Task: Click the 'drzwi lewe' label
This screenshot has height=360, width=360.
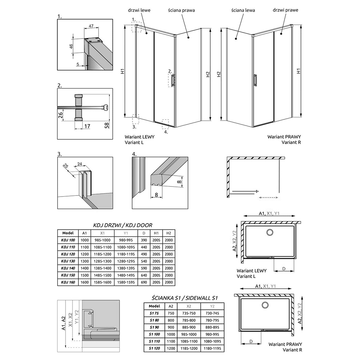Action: click(x=139, y=10)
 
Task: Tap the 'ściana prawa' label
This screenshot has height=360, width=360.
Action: click(x=181, y=10)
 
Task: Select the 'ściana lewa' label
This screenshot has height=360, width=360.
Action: click(x=243, y=10)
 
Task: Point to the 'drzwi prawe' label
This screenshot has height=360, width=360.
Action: click(x=285, y=10)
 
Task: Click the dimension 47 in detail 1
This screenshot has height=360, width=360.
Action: click(x=91, y=26)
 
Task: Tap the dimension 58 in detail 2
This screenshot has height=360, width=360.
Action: click(x=107, y=126)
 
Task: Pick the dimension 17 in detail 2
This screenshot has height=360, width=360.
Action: click(x=87, y=126)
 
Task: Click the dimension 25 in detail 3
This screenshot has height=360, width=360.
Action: click(x=66, y=166)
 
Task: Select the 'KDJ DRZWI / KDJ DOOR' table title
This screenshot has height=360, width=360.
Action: click(x=123, y=225)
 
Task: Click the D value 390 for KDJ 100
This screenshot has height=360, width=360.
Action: click(x=144, y=240)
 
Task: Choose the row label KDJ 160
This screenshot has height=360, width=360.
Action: click(x=68, y=282)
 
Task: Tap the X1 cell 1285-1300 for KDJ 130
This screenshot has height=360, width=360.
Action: click(x=102, y=261)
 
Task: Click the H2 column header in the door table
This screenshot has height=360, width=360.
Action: click(x=169, y=233)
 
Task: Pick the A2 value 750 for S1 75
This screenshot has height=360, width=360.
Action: click(x=171, y=313)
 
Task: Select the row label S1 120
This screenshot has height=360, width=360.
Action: click(x=154, y=348)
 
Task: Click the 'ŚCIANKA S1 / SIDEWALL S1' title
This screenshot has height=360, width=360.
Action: click(x=185, y=298)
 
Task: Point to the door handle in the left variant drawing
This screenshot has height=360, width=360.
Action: click(x=173, y=80)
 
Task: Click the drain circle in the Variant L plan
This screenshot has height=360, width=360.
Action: click(x=270, y=232)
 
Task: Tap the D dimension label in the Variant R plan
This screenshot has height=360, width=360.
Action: click(x=251, y=341)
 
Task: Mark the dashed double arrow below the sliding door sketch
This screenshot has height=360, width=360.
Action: click(x=269, y=197)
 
